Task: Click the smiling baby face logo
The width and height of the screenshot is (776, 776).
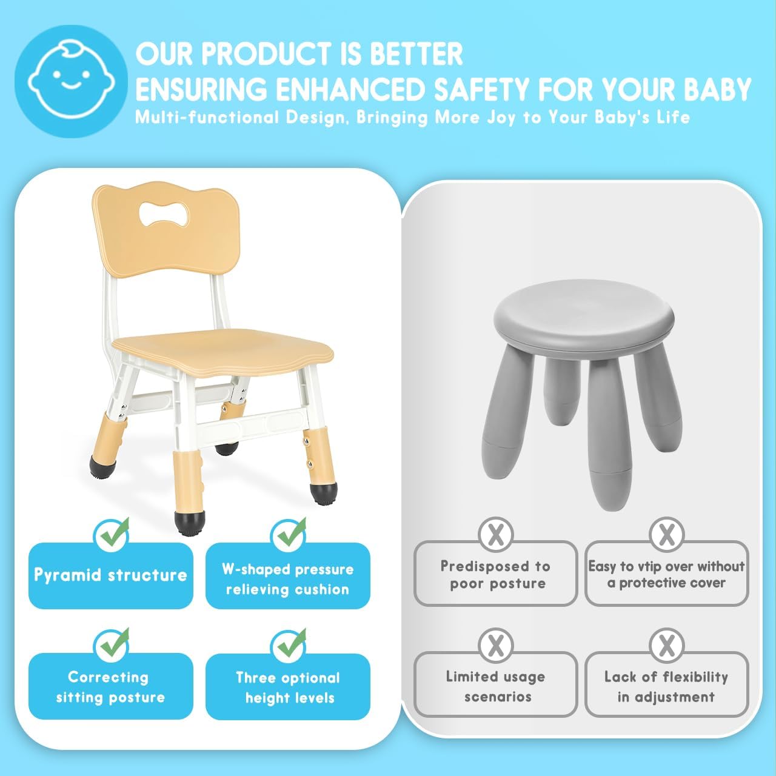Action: coord(71,81)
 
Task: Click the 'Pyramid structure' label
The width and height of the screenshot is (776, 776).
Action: coord(110,575)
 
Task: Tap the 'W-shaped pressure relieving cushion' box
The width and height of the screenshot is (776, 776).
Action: coord(287,578)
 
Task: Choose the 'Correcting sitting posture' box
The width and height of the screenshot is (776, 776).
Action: coord(110,686)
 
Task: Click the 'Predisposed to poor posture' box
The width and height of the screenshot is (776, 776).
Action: coord(495,574)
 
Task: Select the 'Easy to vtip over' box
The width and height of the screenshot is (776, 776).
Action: coord(666,574)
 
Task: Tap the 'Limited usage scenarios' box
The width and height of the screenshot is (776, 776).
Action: coord(495,686)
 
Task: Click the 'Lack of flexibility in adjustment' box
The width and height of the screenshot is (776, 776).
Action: coord(666,686)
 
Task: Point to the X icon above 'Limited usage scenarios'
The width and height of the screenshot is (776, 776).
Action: coord(496,645)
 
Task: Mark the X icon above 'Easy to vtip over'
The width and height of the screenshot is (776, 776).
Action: coord(666,534)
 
